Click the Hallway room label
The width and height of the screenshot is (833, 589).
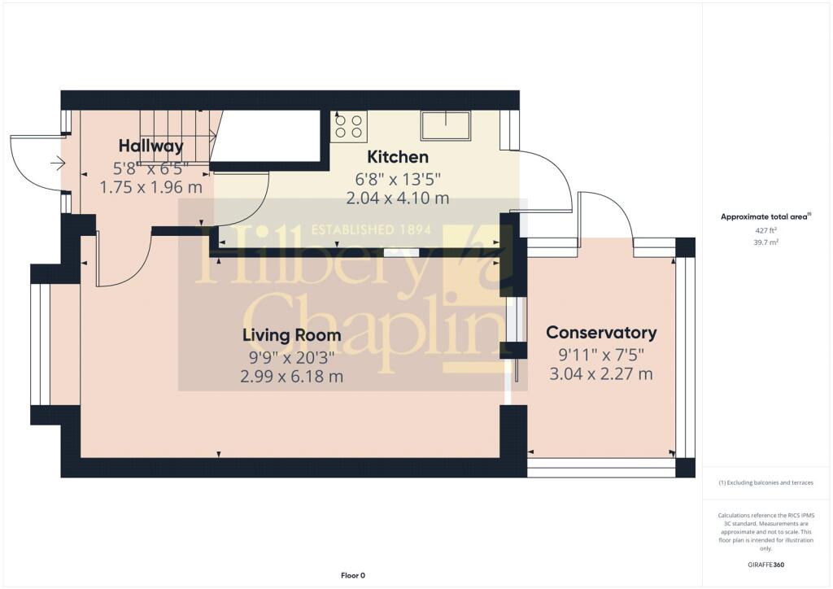point(150,146)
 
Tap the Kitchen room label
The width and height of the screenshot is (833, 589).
point(398,157)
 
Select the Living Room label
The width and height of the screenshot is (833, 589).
point(292,335)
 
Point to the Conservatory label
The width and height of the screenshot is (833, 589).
point(601,333)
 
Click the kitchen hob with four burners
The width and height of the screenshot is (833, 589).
point(348,127)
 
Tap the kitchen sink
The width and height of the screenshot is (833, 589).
point(446,126)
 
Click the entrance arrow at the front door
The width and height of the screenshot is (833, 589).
point(58,163)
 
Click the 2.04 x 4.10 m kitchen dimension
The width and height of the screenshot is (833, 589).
point(398,199)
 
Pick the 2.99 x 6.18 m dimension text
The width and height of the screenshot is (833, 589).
point(292,377)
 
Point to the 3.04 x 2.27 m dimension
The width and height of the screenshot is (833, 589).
point(601,374)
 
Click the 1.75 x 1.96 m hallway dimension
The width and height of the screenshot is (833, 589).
point(150,187)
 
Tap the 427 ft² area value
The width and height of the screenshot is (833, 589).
point(766,230)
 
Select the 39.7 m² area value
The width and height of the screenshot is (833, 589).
point(766,242)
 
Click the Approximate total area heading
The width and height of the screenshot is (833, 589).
point(766,216)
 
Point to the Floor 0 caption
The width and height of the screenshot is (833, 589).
point(353,575)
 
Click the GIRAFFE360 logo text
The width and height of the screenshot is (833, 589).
point(765,565)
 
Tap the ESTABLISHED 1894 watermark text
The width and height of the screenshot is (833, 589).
point(371,230)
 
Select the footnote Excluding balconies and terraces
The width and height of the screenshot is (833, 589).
point(765,482)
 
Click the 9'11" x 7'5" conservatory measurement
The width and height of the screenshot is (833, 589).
point(601,354)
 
